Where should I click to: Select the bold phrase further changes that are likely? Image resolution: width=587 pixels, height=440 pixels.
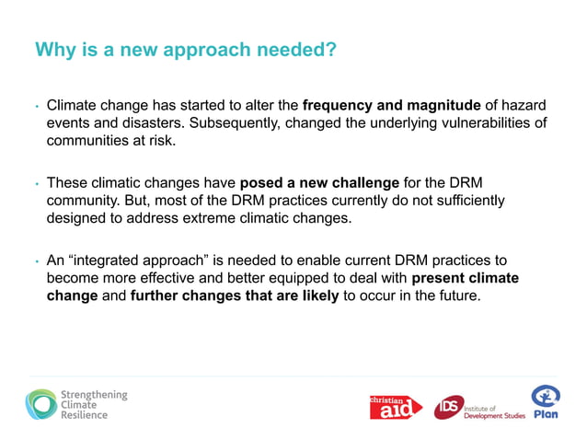(236, 296)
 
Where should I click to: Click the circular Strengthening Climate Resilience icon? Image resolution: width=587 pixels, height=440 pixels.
(41, 404)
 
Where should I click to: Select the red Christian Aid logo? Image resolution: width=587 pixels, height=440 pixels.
(395, 406)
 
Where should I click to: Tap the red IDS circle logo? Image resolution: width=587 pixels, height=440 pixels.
(449, 406)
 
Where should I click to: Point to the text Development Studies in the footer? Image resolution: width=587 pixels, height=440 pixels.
(495, 416)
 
